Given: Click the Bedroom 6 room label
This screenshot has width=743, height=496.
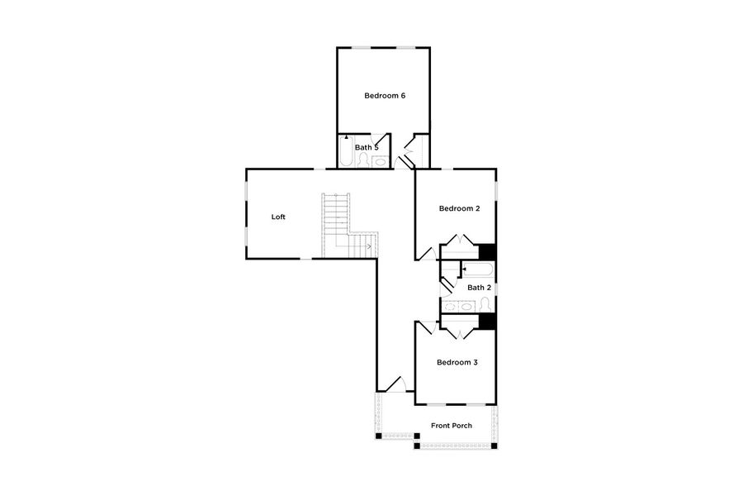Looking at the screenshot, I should [385, 96].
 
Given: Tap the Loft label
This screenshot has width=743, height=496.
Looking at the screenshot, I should [278, 217].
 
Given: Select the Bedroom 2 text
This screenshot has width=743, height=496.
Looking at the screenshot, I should [459, 209].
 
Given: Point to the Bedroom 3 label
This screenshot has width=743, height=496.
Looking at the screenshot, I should [457, 362].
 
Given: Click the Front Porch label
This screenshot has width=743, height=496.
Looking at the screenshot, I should [452, 426].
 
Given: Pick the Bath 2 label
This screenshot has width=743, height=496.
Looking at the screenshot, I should [479, 287].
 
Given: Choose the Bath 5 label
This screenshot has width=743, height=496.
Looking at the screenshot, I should [366, 147].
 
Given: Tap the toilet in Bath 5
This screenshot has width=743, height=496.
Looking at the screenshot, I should [364, 160].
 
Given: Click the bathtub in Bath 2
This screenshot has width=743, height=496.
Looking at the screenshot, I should [477, 269].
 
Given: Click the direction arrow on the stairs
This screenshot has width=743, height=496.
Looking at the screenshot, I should [368, 246].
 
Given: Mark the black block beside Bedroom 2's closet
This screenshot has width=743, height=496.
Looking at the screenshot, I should [488, 251].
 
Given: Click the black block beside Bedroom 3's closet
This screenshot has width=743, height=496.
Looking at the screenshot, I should [488, 322].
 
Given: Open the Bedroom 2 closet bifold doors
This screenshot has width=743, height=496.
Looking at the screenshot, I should [459, 242].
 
